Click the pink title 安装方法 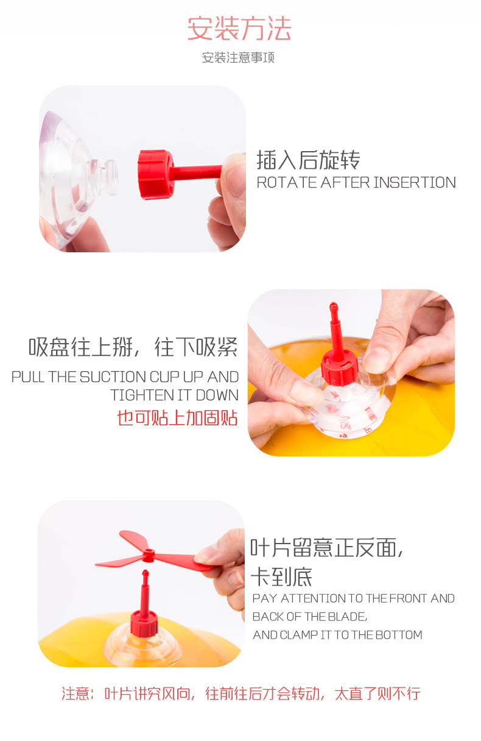[239, 29]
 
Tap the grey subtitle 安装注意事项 [238, 57]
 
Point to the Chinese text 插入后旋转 [308, 160]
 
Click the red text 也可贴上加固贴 [178, 417]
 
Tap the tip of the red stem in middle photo [333, 303]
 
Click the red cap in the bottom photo [144, 623]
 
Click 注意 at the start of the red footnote [75, 693]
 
